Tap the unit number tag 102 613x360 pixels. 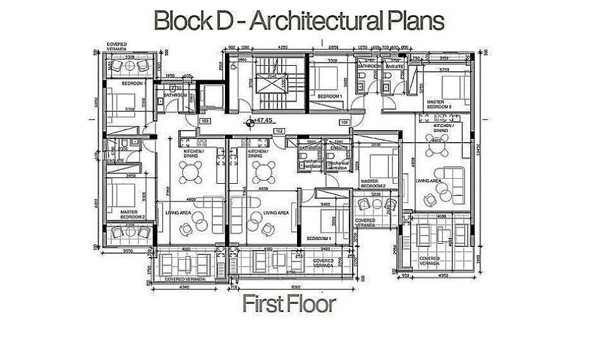point(278,130)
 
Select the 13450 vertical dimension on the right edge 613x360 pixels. point(479,149)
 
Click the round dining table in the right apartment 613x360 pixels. point(437,150)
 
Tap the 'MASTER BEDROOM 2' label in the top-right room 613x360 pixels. point(439,104)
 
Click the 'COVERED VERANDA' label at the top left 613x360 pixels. point(117,46)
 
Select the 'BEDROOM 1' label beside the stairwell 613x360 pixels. point(329,96)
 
